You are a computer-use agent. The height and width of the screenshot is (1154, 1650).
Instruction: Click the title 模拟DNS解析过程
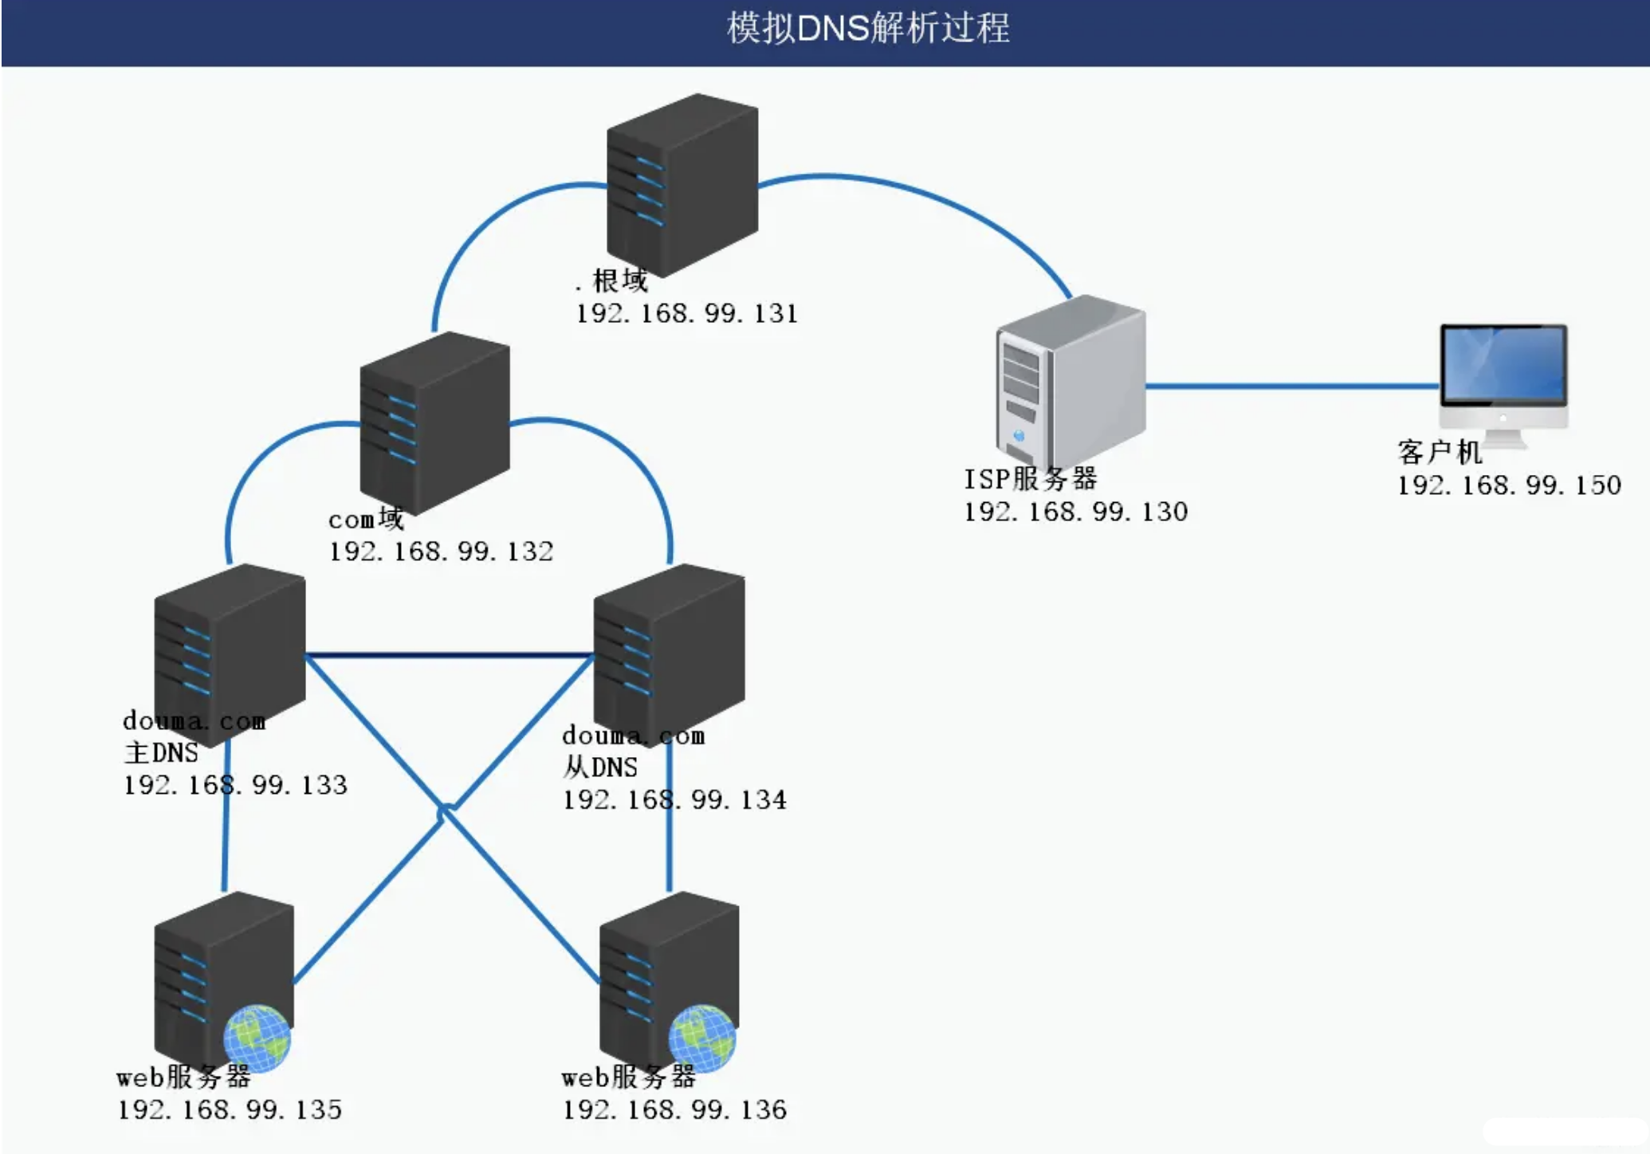867,29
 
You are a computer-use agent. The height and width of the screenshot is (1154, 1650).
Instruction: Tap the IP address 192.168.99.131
686,313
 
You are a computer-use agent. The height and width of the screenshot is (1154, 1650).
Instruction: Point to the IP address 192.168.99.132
441,551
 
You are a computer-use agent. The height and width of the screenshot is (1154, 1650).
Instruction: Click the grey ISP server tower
1070,381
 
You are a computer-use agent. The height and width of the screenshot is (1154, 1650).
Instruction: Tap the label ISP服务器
1030,479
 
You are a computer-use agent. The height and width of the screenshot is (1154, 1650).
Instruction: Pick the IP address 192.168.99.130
1075,512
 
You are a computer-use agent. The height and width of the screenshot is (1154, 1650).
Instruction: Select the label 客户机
1439,452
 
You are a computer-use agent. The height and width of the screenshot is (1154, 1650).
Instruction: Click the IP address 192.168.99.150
1509,485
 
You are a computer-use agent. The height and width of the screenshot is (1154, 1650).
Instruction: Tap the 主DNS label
161,753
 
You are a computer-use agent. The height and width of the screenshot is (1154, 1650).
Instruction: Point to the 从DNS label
600,767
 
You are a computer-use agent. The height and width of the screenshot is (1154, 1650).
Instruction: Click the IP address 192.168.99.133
235,786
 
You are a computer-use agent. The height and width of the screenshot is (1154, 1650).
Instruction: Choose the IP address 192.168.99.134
674,800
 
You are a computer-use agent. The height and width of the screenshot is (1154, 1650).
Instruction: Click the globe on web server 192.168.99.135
257,1038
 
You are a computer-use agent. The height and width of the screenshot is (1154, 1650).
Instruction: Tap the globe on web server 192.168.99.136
701,1038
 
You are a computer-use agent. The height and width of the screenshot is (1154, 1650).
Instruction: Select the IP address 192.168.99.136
674,1110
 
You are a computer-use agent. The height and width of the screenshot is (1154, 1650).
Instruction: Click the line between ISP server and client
1291,387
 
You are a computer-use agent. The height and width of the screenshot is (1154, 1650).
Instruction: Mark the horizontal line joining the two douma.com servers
449,656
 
